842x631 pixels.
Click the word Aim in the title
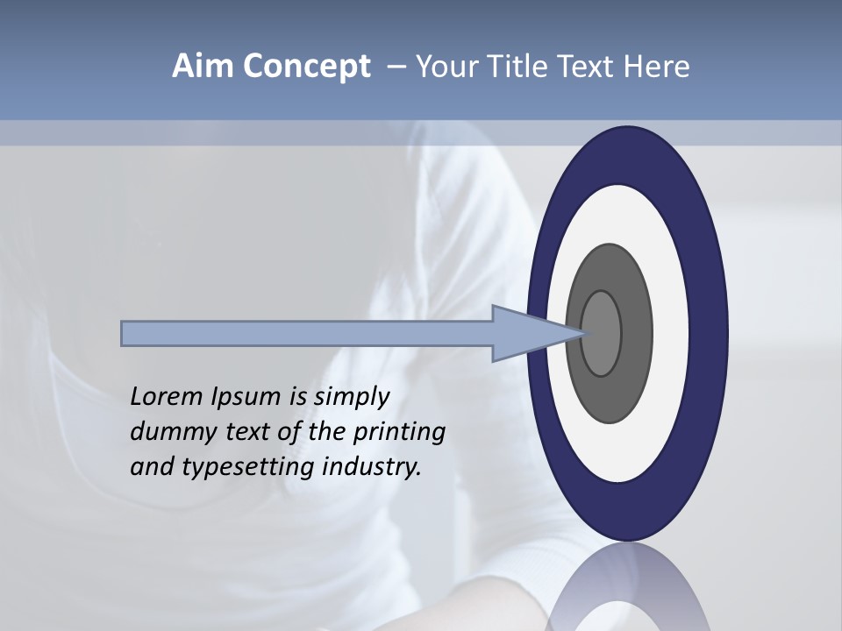tap(203, 67)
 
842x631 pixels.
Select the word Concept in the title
tap(306, 67)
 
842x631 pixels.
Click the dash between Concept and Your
tap(396, 67)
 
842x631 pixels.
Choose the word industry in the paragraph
tap(372, 467)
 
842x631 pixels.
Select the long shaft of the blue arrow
tap(307, 334)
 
